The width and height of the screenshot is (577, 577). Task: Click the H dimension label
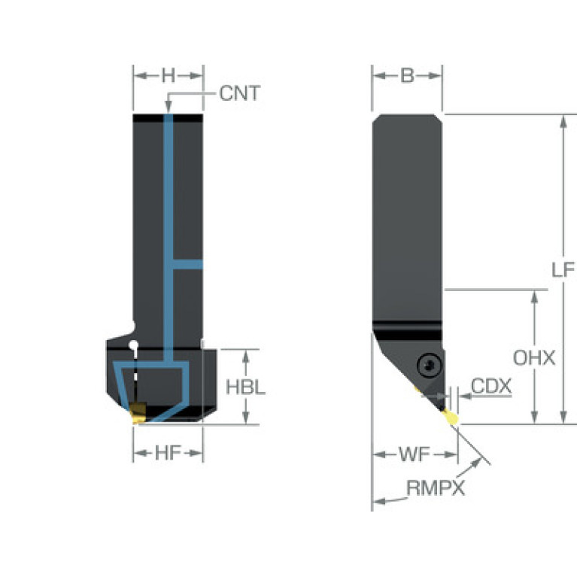click(169, 76)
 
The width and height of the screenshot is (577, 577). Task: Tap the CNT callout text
click(240, 93)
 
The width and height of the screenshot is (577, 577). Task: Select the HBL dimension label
click(245, 387)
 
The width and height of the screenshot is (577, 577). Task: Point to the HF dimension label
click(169, 453)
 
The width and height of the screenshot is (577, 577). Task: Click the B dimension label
click(407, 76)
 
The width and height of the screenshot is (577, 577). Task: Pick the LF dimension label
click(563, 270)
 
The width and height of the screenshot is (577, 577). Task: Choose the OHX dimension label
click(534, 357)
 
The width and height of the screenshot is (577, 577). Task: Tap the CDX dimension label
click(491, 386)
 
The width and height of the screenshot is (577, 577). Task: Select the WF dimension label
click(415, 455)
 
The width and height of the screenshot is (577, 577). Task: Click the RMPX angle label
click(436, 488)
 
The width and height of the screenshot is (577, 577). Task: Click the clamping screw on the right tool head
click(430, 366)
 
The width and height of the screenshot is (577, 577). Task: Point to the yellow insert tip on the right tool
click(451, 417)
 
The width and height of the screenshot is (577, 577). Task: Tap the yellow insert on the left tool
click(138, 413)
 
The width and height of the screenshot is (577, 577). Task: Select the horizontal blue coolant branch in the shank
click(187, 264)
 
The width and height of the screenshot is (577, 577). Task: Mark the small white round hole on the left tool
click(134, 345)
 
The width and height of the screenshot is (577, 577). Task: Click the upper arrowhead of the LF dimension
click(563, 121)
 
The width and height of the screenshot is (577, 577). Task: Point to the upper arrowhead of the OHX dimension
click(534, 297)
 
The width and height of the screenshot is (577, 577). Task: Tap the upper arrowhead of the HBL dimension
click(246, 357)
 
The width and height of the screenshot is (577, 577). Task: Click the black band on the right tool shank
click(407, 330)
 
